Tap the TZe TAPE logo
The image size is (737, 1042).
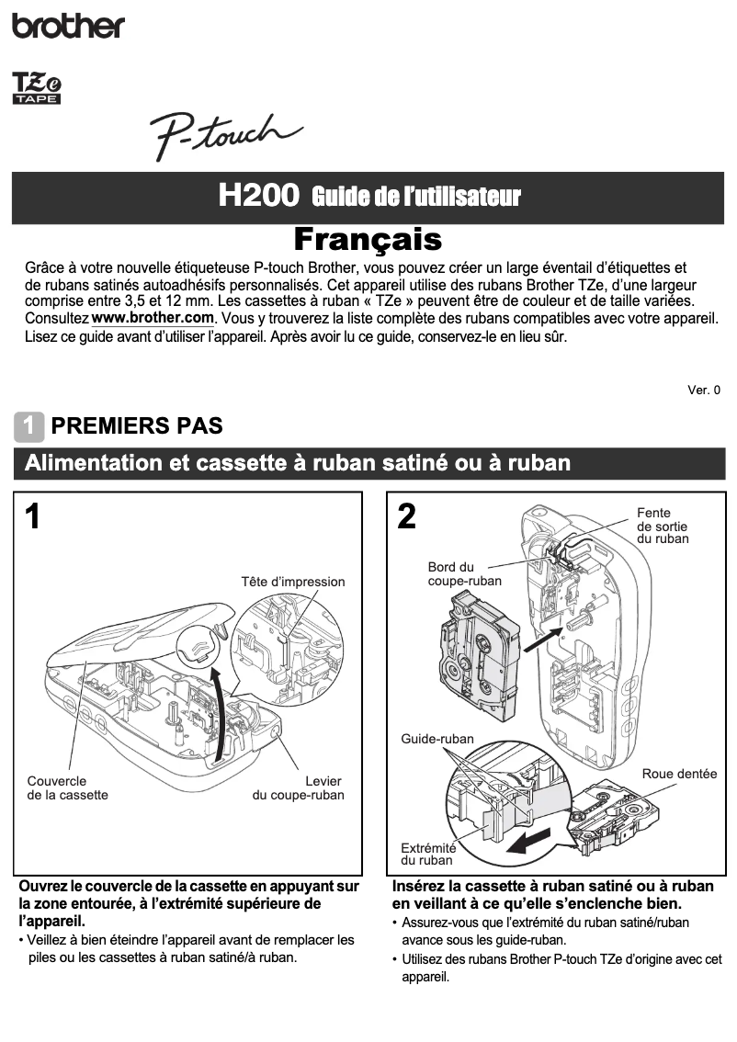coord(36,88)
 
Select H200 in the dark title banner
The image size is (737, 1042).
coord(259,196)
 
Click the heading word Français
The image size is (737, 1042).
coord(368,239)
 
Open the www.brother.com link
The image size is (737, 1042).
coord(153,318)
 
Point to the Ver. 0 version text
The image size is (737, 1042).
coord(704,390)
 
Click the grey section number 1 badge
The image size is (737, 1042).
coord(28,426)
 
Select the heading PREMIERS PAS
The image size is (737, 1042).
coord(137,426)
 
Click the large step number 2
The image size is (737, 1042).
coord(406,516)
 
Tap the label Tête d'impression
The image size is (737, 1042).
coord(292,582)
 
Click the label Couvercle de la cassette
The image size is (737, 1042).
coord(67,787)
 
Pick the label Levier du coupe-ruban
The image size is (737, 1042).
coord(298,787)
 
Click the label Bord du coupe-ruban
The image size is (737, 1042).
coord(464,573)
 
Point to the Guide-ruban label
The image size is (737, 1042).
coord(437,739)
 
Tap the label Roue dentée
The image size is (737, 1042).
coord(679,774)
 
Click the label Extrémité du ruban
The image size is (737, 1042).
coord(427,855)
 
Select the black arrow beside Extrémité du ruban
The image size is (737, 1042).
coord(532,842)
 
